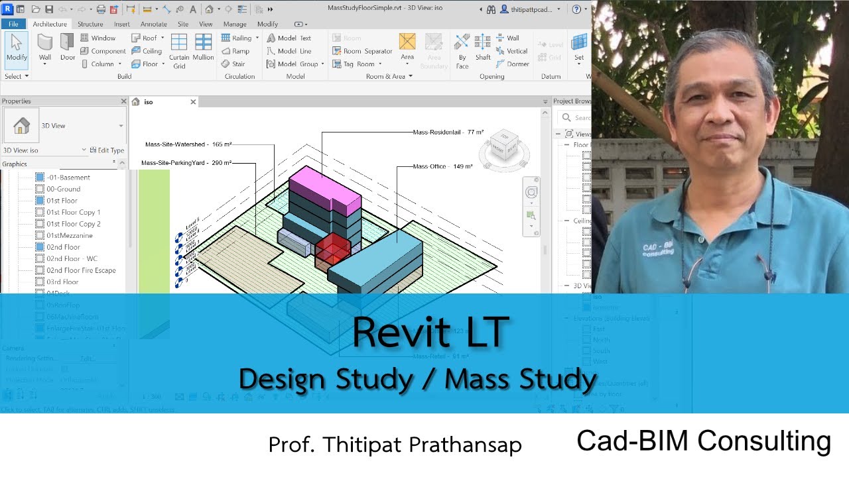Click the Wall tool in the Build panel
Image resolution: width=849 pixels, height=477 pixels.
(x=44, y=48)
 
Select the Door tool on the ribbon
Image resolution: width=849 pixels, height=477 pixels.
(x=68, y=48)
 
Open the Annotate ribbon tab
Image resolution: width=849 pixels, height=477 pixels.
(x=153, y=24)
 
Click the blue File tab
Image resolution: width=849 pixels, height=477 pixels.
(x=13, y=24)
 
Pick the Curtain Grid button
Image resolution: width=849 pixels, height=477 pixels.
(x=179, y=50)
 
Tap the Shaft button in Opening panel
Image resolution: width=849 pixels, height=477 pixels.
(x=483, y=48)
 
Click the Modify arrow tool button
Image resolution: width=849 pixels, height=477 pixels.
(x=17, y=48)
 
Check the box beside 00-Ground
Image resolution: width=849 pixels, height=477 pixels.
(x=40, y=189)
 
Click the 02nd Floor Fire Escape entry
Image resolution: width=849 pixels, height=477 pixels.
(x=81, y=270)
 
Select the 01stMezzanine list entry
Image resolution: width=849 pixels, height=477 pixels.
(x=70, y=235)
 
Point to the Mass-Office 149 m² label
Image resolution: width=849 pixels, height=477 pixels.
(x=442, y=166)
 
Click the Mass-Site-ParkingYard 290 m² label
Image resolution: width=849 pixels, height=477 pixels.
(x=186, y=162)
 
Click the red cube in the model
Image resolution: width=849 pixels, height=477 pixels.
(x=332, y=248)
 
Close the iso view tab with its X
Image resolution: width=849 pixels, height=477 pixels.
(x=193, y=102)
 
